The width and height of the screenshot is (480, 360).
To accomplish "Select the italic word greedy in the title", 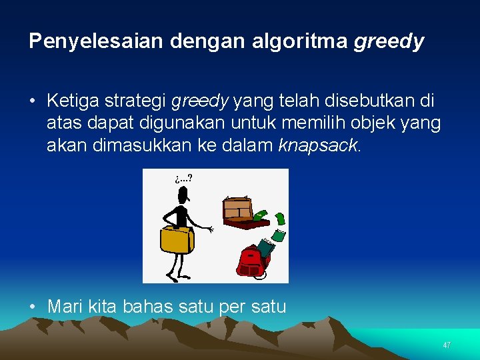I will (x=389, y=41).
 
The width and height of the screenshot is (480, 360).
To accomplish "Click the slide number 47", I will (x=447, y=345).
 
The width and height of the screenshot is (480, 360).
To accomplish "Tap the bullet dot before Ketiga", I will (x=33, y=101).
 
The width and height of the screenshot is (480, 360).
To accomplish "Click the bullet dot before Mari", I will (x=33, y=307).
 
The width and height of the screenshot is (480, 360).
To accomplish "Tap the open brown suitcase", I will (x=238, y=213).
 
